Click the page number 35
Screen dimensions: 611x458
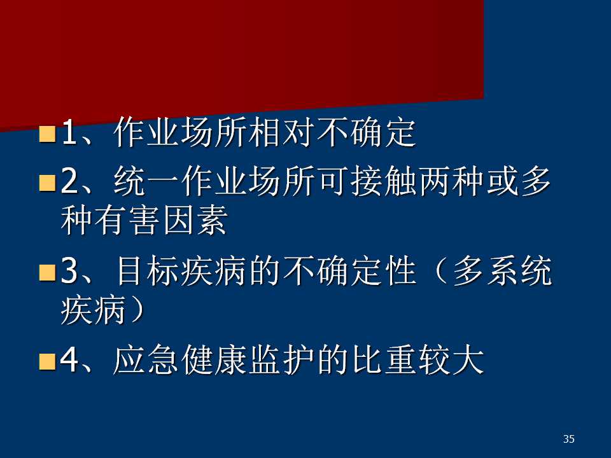(568, 439)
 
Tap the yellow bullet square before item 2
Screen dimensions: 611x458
(48, 183)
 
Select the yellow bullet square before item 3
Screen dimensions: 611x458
(48, 272)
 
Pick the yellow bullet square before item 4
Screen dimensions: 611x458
(48, 361)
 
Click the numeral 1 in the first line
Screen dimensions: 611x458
(69, 132)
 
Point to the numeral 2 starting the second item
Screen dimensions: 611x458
(69, 181)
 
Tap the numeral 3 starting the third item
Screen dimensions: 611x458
(69, 271)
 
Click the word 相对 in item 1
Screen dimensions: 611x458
(283, 132)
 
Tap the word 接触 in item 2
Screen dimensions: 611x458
(384, 181)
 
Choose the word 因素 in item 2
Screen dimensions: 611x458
(195, 220)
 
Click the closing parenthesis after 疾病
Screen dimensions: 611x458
(136, 310)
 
